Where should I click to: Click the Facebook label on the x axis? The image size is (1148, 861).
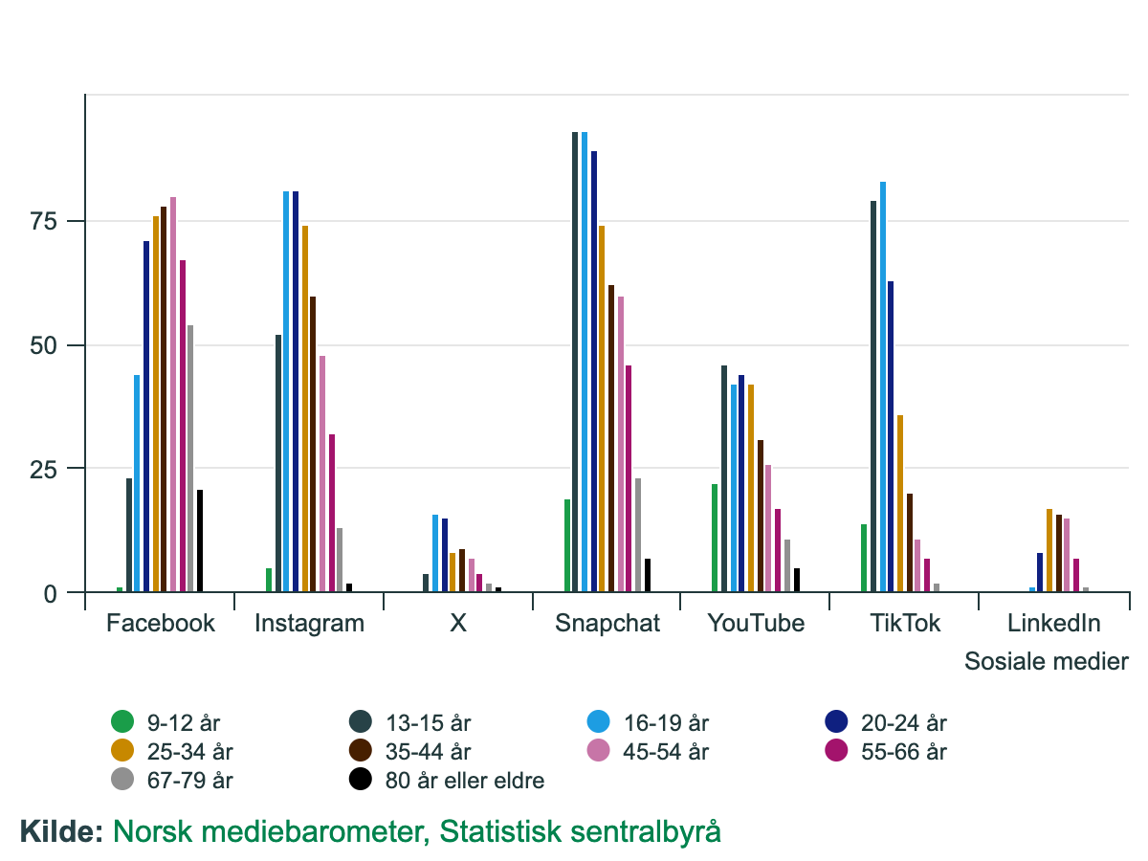pos(161,624)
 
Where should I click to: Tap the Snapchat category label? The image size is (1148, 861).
pos(607,624)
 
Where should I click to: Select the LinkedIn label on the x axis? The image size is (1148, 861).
pos(1053,624)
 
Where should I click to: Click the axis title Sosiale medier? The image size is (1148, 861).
pos(1046,661)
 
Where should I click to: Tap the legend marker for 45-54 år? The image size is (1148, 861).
pos(600,751)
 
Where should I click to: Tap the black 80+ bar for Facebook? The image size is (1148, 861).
pos(200,541)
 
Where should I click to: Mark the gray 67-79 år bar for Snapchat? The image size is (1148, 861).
pos(638,535)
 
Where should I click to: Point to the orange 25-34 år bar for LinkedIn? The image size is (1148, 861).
pos(1049,550)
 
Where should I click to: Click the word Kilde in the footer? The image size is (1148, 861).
pos(60,830)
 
